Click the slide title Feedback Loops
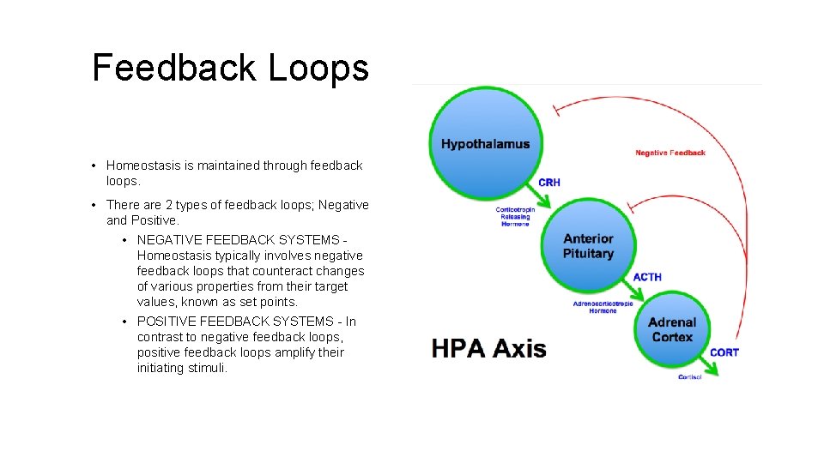(x=230, y=68)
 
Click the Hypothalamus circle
(x=486, y=143)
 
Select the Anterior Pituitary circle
(x=588, y=246)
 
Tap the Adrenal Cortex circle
(x=671, y=329)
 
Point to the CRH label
(x=549, y=182)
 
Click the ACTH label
(x=647, y=277)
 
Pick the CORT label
(x=724, y=352)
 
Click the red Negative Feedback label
(x=669, y=153)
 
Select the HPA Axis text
(x=488, y=348)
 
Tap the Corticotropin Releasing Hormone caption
(x=515, y=216)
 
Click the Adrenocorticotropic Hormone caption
(x=603, y=307)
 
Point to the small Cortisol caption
(x=689, y=377)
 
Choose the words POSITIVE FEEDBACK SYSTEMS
(x=234, y=322)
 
